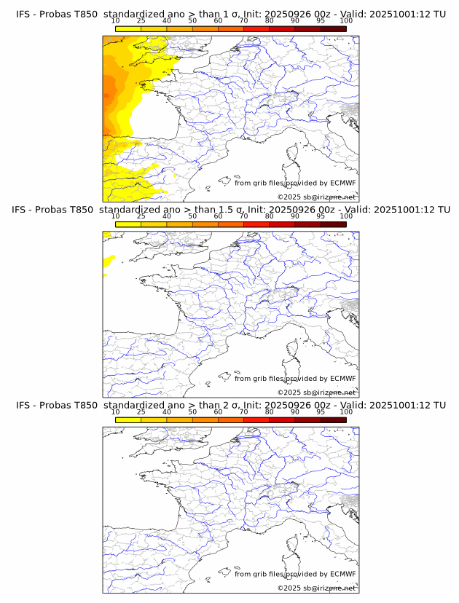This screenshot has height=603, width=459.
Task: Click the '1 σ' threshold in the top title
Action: click(x=229, y=14)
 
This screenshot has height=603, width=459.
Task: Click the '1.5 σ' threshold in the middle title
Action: click(x=232, y=210)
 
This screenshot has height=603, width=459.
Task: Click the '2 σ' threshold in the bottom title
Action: click(x=229, y=405)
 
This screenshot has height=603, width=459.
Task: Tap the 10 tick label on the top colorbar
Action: click(x=116, y=21)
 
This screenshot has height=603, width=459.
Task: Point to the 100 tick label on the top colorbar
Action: click(x=346, y=21)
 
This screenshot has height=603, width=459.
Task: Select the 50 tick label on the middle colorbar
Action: click(x=192, y=216)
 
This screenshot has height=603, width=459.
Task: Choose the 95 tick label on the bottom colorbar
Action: click(x=321, y=411)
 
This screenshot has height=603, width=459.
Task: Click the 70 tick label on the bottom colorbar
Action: click(x=244, y=411)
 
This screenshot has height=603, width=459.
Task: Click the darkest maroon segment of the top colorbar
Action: click(x=333, y=29)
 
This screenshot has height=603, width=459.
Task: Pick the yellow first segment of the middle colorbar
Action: click(x=128, y=224)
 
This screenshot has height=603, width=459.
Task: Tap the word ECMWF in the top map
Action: click(x=342, y=183)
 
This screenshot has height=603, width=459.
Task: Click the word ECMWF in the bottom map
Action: click(x=342, y=574)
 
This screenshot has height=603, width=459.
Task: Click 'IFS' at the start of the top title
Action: click(x=23, y=14)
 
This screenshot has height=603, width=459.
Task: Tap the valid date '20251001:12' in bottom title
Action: click(x=405, y=405)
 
